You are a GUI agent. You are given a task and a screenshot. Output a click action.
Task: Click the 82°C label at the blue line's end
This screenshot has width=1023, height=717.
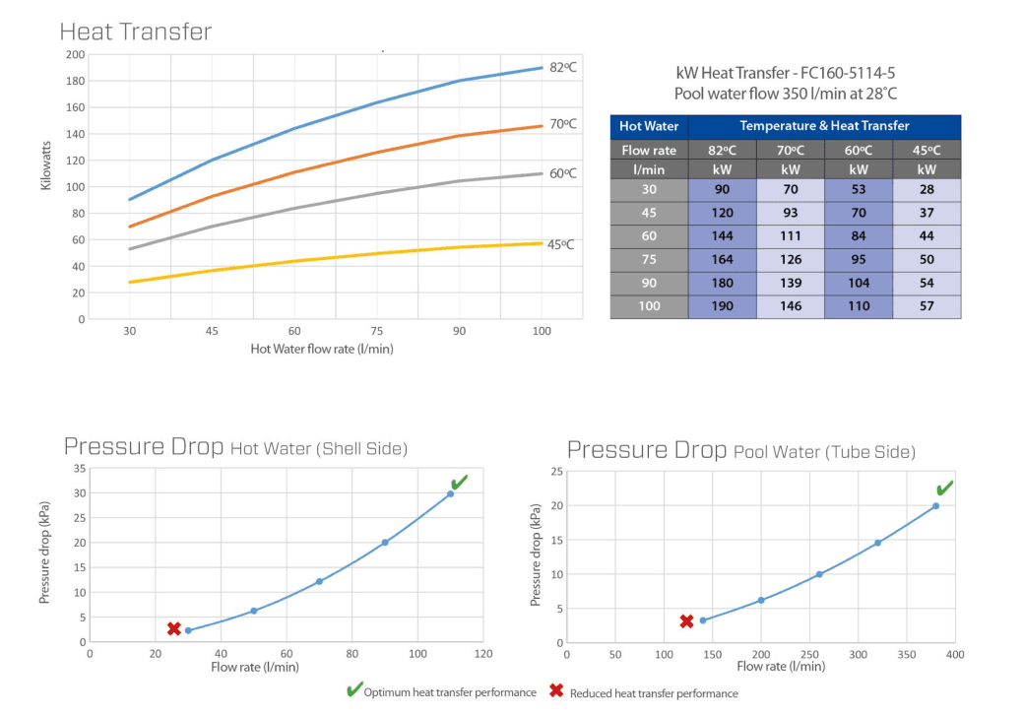pyautogui.click(x=563, y=67)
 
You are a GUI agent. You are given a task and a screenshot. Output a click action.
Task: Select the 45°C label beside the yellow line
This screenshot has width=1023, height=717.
pyautogui.click(x=561, y=244)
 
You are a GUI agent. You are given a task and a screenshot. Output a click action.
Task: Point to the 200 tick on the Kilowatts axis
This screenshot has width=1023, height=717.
pyautogui.click(x=75, y=54)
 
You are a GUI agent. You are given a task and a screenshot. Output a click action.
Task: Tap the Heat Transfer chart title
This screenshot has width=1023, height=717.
pyautogui.click(x=135, y=32)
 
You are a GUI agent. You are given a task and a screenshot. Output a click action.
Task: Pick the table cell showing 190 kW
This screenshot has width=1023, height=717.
pyautogui.click(x=722, y=306)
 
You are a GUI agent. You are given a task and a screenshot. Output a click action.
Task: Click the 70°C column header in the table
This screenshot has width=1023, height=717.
pyautogui.click(x=790, y=151)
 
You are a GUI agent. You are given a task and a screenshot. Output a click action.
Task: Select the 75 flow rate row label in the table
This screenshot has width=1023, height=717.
pyautogui.click(x=649, y=260)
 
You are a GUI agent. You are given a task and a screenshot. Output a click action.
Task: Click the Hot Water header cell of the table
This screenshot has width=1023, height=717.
pyautogui.click(x=649, y=126)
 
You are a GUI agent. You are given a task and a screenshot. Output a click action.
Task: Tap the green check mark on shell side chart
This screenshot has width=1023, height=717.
pyautogui.click(x=459, y=482)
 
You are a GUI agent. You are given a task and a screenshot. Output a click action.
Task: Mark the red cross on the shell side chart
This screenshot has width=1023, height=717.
pyautogui.click(x=173, y=628)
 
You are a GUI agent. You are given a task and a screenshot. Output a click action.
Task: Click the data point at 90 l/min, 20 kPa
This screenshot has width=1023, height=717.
pyautogui.click(x=385, y=543)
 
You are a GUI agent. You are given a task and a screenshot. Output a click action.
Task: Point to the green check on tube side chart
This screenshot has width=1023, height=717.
pyautogui.click(x=944, y=489)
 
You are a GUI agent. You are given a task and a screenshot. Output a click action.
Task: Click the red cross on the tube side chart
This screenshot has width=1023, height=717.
pyautogui.click(x=686, y=621)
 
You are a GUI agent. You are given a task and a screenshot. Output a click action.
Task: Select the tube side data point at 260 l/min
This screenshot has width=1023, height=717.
pyautogui.click(x=819, y=574)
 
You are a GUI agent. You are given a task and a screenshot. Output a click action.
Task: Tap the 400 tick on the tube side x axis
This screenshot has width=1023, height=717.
pyautogui.click(x=954, y=653)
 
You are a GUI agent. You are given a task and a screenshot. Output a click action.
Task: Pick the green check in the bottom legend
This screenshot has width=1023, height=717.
pyautogui.click(x=353, y=690)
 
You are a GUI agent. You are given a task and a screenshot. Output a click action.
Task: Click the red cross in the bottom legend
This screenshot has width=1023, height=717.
pyautogui.click(x=556, y=691)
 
